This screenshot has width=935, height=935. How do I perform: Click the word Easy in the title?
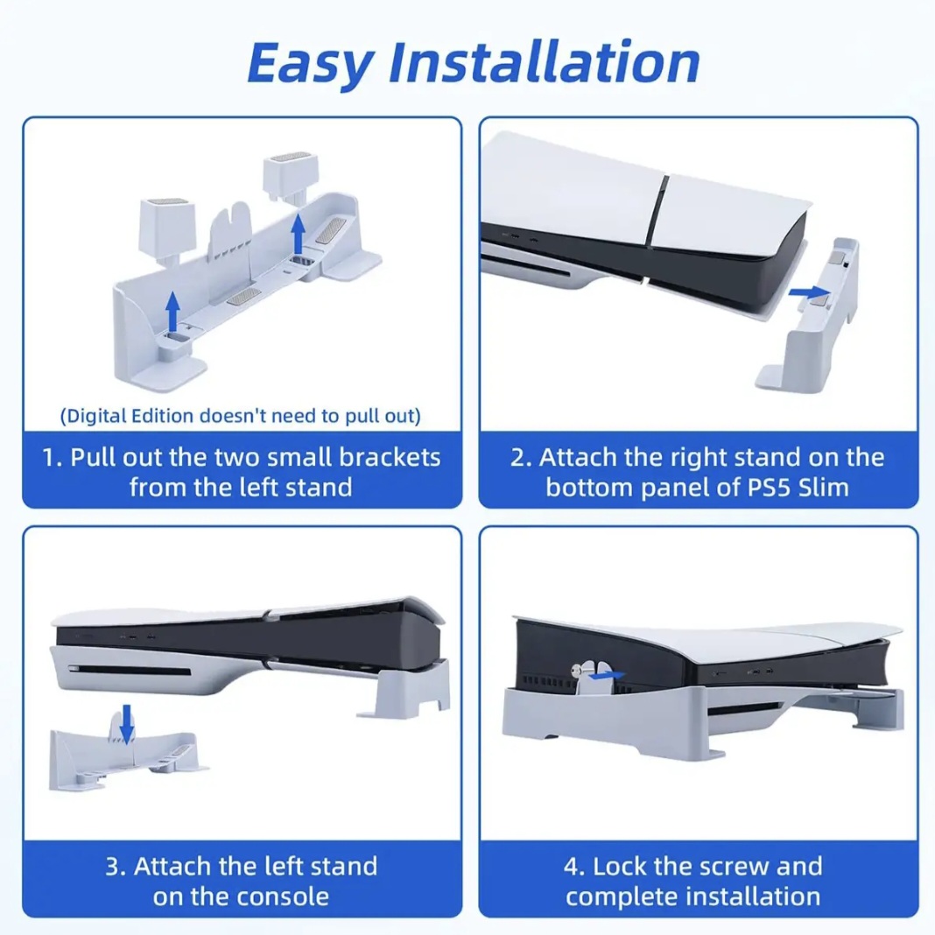(x=311, y=63)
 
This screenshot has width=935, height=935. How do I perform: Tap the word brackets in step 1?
(x=390, y=457)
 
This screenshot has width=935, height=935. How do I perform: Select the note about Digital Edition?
(x=240, y=415)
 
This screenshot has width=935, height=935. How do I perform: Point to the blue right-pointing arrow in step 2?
(x=809, y=292)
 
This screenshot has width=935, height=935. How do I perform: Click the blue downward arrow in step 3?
(x=126, y=723)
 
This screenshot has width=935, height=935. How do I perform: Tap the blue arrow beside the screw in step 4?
(x=606, y=676)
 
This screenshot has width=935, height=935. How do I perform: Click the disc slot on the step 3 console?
(x=130, y=671)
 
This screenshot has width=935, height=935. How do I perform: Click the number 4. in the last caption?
(x=573, y=867)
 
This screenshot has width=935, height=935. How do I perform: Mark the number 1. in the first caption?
(x=53, y=457)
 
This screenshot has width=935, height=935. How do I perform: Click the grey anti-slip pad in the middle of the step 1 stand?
(x=243, y=297)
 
